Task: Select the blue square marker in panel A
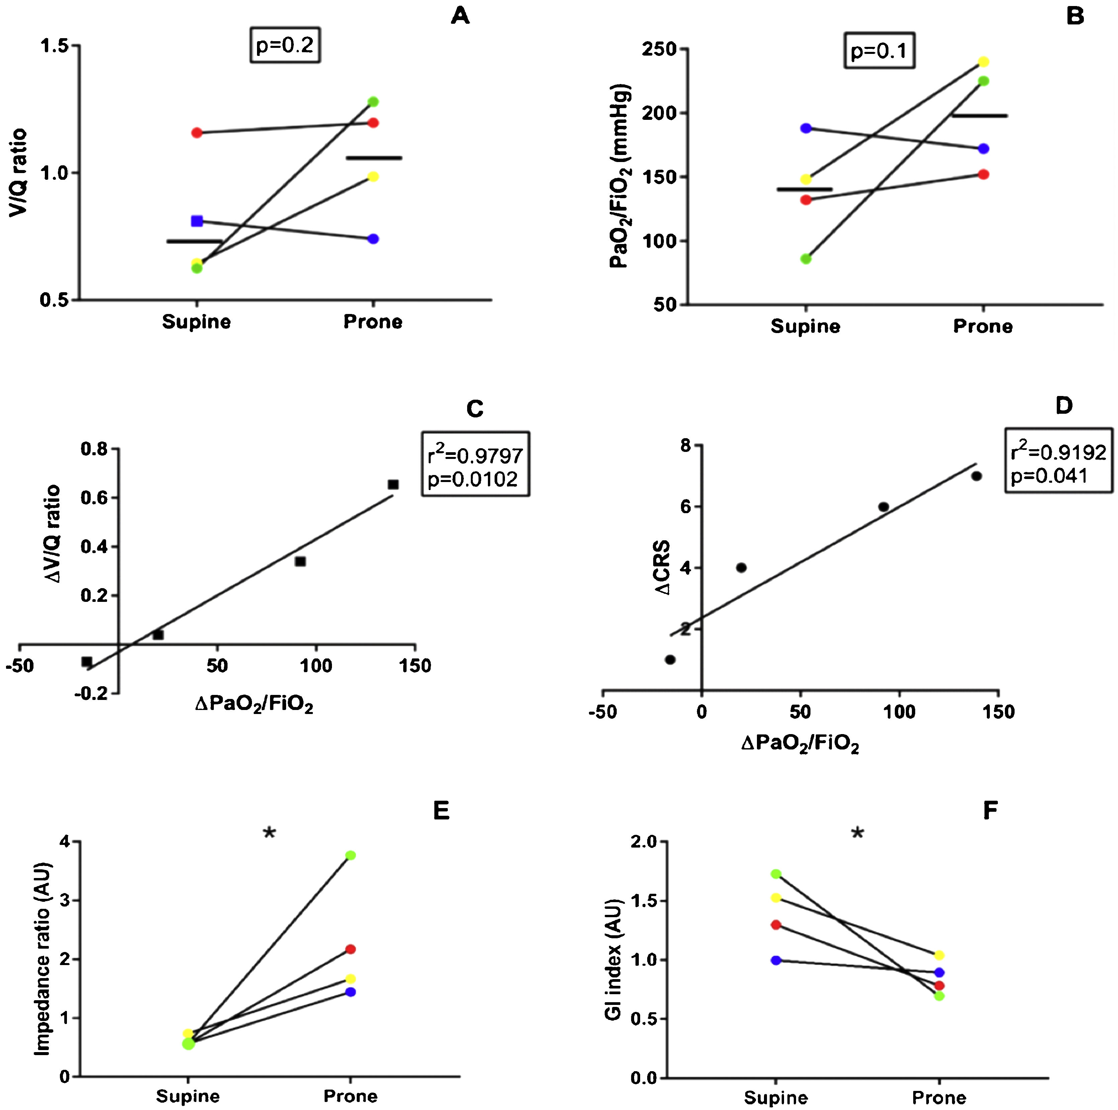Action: (197, 221)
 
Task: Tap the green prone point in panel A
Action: (373, 102)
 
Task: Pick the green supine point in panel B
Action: (805, 259)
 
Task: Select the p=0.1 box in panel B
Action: (879, 52)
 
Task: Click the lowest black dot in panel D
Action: (670, 659)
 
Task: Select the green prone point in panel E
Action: (350, 855)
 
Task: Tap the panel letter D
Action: (1063, 406)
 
